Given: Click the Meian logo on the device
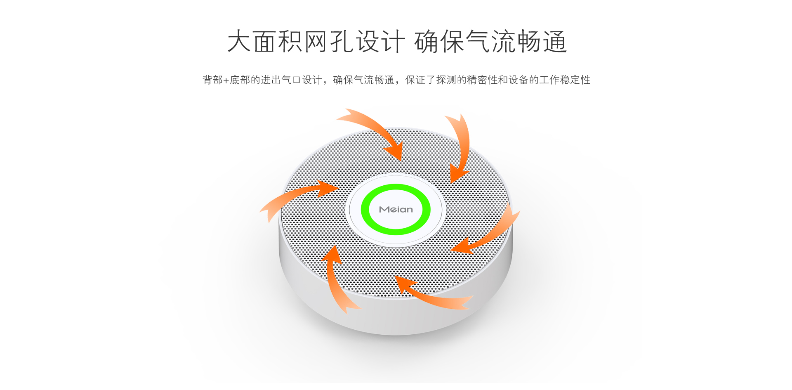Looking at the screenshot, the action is pos(396,210).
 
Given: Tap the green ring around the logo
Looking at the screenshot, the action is pos(396,186).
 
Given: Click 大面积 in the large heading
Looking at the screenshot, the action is pos(265,41).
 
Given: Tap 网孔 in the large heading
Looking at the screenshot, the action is pos(329,41).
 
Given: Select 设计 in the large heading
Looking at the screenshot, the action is pos(380,41).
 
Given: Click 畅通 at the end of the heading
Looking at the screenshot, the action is pos(542,41).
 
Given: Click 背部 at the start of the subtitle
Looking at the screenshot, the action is pos(212,80).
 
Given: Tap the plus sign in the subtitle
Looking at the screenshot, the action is pos(226,80).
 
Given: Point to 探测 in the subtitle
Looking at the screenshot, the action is pos(446,80).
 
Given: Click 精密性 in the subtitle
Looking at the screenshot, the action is pos(482,80).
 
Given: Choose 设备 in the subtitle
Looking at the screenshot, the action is pos(519,80).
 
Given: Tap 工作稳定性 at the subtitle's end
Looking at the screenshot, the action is pos(565,80).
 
